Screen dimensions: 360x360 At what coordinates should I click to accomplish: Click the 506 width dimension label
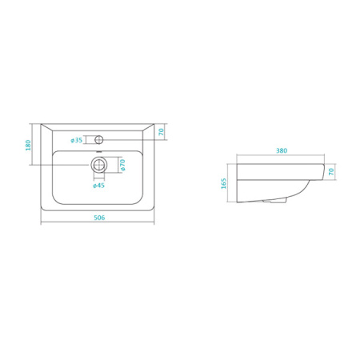[x=99, y=218]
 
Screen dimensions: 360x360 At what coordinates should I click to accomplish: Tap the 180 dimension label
[x=28, y=145]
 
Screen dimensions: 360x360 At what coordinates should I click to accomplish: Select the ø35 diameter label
[x=77, y=140]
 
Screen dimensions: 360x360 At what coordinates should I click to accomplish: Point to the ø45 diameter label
[x=98, y=186]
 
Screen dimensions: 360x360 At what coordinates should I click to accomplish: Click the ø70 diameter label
[x=122, y=165]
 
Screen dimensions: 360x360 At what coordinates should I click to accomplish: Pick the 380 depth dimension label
[x=282, y=150]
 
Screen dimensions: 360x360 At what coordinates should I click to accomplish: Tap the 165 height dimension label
[x=223, y=183]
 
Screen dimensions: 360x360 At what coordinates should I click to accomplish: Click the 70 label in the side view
[x=331, y=171]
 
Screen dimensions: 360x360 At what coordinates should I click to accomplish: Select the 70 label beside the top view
[x=161, y=132]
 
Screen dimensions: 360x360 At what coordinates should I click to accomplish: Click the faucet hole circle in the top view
[x=99, y=139]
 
